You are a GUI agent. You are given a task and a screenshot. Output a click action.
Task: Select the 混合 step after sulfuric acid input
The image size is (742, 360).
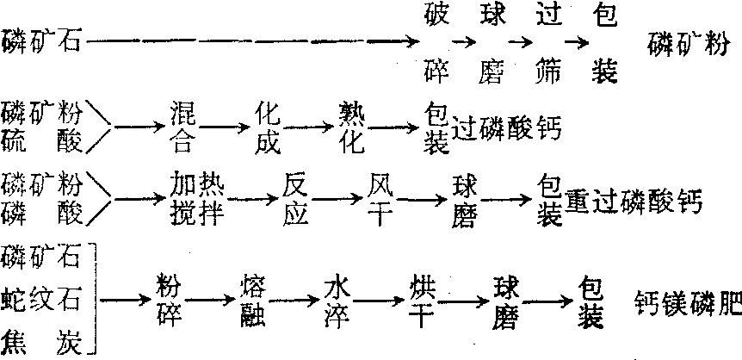(x=183, y=126)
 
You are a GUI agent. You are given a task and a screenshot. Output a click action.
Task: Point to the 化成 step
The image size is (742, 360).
(x=268, y=126)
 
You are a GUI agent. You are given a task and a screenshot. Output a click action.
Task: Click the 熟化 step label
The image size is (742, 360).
(x=353, y=126)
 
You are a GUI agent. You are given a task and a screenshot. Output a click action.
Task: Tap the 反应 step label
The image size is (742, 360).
(x=295, y=199)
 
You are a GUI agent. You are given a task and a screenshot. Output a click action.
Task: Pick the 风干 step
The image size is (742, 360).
(x=380, y=199)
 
